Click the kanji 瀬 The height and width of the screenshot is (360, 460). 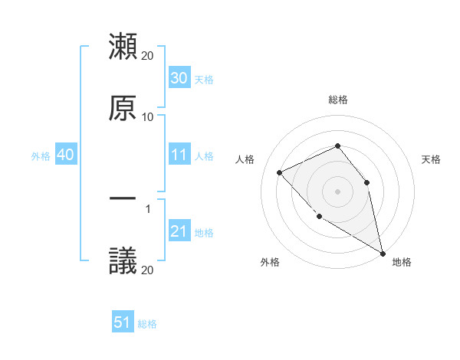tap(123, 47)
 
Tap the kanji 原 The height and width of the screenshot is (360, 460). tap(123, 108)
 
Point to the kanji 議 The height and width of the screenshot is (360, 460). tap(123, 261)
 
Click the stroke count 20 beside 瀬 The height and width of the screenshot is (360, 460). tap(148, 56)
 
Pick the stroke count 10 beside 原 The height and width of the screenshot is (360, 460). tap(148, 117)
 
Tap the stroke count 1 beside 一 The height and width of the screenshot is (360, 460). tap(148, 208)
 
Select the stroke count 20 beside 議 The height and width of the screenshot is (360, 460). tap(148, 270)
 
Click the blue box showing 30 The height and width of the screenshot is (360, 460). tap(179, 77)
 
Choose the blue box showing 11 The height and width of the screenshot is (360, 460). tap(179, 155)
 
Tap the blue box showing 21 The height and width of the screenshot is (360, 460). tap(179, 231)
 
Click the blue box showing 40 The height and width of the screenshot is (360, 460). tap(66, 155)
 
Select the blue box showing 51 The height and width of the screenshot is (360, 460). tap(123, 322)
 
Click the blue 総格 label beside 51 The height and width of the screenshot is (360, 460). tap(147, 324)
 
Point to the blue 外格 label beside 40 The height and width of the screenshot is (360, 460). tap(41, 155)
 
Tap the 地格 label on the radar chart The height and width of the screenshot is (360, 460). tap(402, 262)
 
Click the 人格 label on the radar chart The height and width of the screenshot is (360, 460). tap(245, 159)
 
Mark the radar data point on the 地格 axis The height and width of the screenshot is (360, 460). tap(383, 254)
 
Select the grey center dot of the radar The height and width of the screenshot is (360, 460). tap(337, 191)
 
